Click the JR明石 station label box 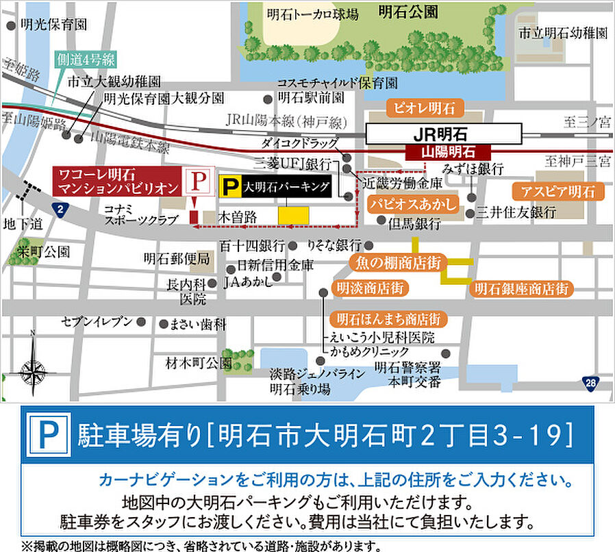tap(444, 133)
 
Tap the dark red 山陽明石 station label tap(448, 153)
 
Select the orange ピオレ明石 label tap(425, 108)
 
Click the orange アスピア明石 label tap(557, 191)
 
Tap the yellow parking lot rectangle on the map tap(293, 214)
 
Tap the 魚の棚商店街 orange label tap(397, 262)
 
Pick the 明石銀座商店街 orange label tap(521, 288)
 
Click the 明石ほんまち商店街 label tap(388, 319)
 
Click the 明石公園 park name tap(407, 11)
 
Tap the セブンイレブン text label tap(97, 321)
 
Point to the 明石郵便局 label tap(177, 259)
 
